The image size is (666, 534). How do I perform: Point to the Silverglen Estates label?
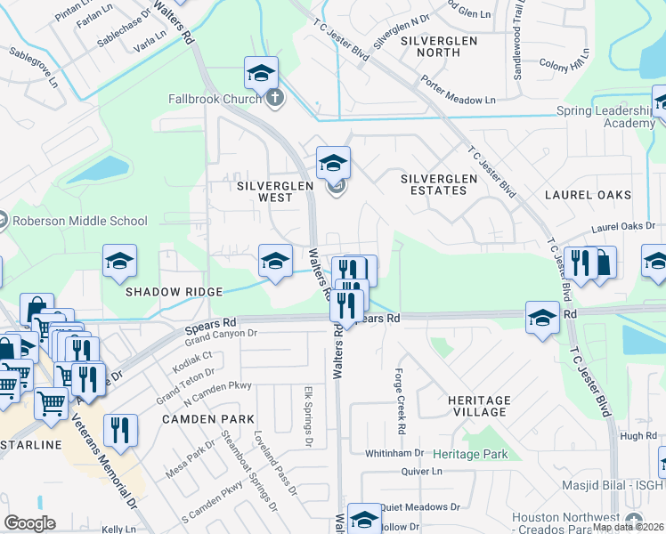439,184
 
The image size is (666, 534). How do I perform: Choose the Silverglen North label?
439,46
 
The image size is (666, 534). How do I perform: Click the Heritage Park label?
470,454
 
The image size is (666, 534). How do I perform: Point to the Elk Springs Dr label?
309,416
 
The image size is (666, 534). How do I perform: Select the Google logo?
30,523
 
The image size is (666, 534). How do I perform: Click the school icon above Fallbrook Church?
261,73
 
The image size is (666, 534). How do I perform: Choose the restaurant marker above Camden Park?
119,430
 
